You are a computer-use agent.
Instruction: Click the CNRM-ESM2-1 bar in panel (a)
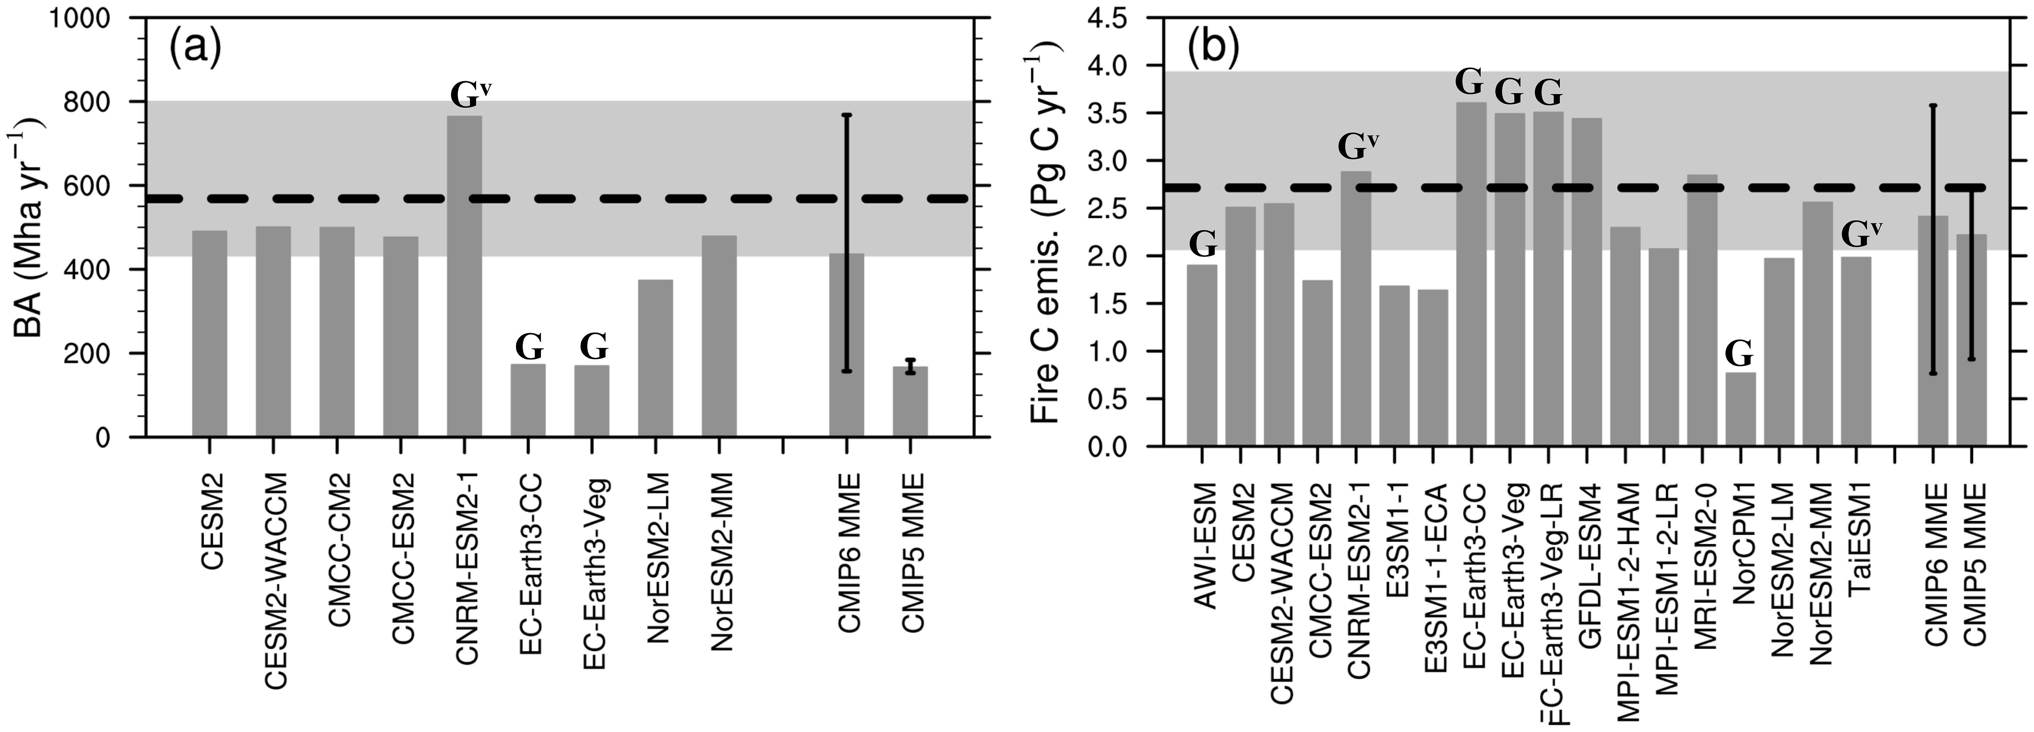[x=464, y=276]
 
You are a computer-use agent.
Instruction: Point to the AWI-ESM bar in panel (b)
[x=1202, y=355]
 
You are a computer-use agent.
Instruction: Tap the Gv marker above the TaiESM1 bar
[x=1861, y=234]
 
